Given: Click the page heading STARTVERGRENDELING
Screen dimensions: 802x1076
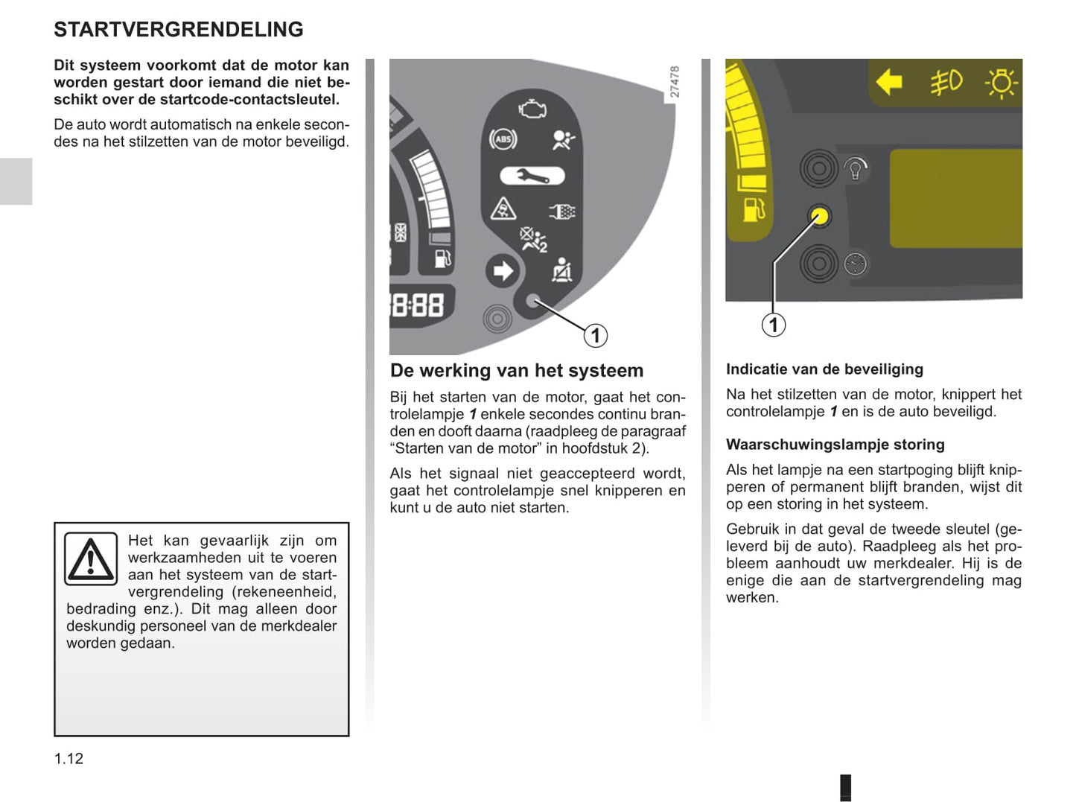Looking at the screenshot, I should click(x=179, y=30).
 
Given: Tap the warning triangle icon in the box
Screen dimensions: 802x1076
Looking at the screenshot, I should click(x=90, y=559).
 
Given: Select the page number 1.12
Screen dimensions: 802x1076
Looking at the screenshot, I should click(x=69, y=758).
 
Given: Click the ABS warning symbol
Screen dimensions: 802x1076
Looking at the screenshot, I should click(x=503, y=139).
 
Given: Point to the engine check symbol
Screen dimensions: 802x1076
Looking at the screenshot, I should click(x=532, y=109).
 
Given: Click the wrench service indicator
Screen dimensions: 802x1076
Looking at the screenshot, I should click(x=532, y=176).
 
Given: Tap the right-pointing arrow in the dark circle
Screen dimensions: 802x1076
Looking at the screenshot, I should click(x=503, y=270).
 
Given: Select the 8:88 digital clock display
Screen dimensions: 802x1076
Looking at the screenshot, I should click(x=418, y=305).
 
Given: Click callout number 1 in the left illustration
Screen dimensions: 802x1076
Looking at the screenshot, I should click(x=595, y=336).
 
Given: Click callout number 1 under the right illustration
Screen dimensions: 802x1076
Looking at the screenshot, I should click(x=774, y=325).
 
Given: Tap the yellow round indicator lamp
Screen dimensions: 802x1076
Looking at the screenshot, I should click(x=819, y=217).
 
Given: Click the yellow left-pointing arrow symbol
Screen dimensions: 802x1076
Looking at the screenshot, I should click(x=889, y=82).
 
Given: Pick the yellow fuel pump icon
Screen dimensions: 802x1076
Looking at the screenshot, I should click(x=754, y=210).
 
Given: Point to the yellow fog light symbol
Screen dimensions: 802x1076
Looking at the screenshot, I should click(x=946, y=82).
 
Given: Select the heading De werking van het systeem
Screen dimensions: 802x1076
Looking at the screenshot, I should click(x=517, y=371).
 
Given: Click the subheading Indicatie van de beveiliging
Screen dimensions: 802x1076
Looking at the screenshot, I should click(x=824, y=369).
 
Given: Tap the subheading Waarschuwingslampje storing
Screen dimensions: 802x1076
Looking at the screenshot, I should click(x=835, y=445).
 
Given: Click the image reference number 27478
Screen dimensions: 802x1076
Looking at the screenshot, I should click(x=675, y=82).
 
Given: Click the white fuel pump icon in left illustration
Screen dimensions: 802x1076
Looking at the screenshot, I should click(x=442, y=258).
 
